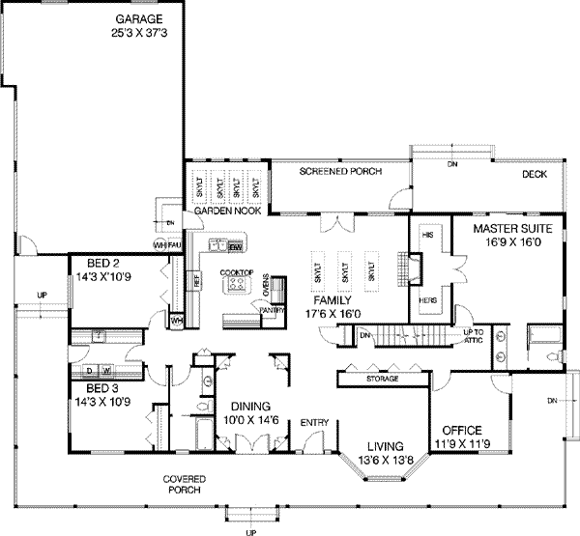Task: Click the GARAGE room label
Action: pyautogui.click(x=139, y=18)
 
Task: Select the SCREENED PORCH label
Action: pyautogui.click(x=340, y=171)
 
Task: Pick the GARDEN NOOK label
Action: pyautogui.click(x=224, y=210)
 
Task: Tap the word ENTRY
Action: pyautogui.click(x=314, y=423)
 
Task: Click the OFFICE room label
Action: pyautogui.click(x=460, y=429)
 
